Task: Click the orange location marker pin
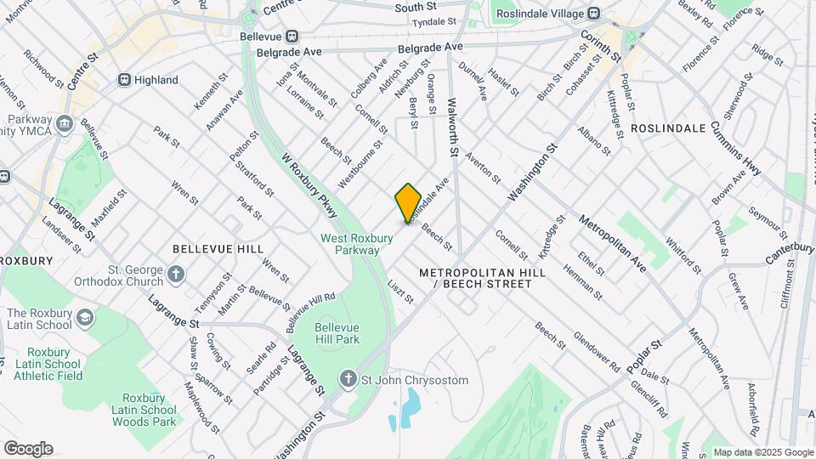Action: (x=408, y=202)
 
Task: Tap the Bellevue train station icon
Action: (x=292, y=36)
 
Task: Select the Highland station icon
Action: (x=124, y=80)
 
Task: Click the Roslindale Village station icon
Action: (x=593, y=14)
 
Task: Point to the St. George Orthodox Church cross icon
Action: (x=175, y=274)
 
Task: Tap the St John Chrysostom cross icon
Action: (x=348, y=380)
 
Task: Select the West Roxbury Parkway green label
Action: (x=356, y=244)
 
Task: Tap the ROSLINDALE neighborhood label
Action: (x=668, y=127)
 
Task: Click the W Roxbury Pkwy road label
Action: (x=309, y=182)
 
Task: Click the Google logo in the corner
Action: (x=28, y=449)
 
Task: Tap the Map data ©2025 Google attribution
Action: (x=762, y=452)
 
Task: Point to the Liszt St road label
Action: (x=400, y=292)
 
